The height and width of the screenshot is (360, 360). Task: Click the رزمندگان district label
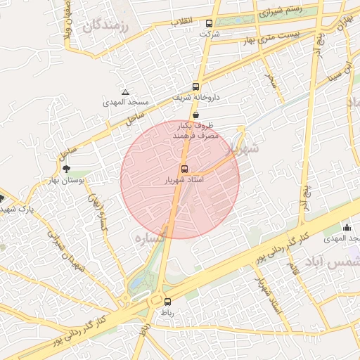click(107, 27)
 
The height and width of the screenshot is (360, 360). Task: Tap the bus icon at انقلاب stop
click(209, 23)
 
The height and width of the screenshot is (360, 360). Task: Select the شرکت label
click(210, 34)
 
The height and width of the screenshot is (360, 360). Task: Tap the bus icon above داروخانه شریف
click(195, 87)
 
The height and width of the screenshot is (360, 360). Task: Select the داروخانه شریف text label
click(195, 98)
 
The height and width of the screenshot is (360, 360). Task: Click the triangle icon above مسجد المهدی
click(125, 92)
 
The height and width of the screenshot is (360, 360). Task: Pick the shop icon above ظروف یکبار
click(195, 114)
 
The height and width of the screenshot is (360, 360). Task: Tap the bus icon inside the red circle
click(184, 169)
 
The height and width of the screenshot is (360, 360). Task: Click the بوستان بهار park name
click(67, 180)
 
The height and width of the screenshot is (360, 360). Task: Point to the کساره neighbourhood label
click(150, 239)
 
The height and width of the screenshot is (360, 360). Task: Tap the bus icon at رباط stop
click(167, 302)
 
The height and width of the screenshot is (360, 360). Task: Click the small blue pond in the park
click(136, 285)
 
